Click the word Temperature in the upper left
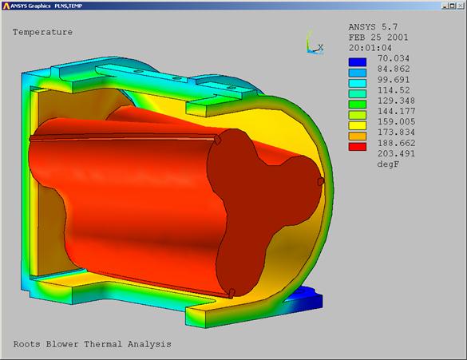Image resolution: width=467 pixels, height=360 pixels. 42,32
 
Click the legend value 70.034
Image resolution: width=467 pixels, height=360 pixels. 394,58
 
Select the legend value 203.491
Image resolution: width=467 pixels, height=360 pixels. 396,153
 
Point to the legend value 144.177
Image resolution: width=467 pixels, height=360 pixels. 396,112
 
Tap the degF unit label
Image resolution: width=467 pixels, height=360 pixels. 388,164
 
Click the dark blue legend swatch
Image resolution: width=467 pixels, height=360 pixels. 358,62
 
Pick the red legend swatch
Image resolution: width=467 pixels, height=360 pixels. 358,147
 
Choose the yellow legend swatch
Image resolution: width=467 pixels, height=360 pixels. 358,125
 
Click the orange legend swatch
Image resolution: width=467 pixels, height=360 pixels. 358,136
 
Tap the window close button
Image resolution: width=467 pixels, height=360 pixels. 460,6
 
